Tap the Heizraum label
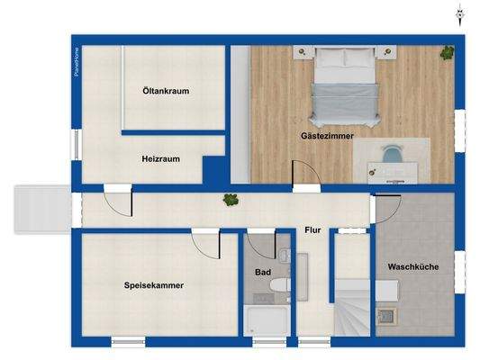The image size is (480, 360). coord(160,158)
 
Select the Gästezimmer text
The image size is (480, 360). coord(327,136)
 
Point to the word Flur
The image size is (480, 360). coord(312,229)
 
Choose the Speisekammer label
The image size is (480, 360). coord(154,285)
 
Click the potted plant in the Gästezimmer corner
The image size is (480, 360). coord(446,53)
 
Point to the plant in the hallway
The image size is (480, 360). coord(231,200)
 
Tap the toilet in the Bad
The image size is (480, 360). coord(278,289)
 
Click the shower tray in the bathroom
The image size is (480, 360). coord(266,321)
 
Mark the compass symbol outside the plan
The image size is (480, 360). coord(459,13)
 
